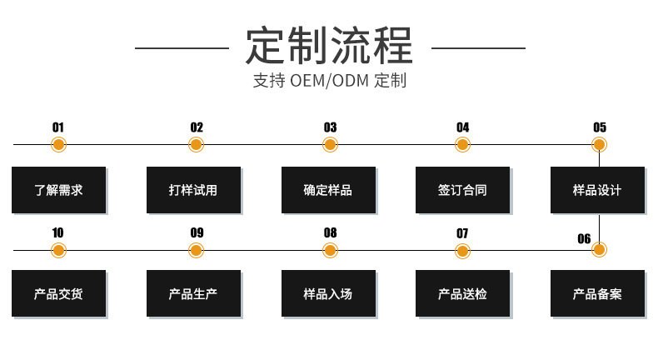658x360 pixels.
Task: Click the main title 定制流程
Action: point(329,46)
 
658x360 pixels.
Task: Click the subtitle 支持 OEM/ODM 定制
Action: point(329,82)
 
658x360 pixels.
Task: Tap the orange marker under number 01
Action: point(58,145)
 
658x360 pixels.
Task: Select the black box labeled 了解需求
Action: point(58,190)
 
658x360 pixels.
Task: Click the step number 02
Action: point(197,127)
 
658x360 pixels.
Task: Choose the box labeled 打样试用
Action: point(193,190)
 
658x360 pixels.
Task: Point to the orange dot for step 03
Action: point(330,145)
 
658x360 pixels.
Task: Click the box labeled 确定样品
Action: point(328,190)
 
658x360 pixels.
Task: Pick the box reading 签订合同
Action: point(462,190)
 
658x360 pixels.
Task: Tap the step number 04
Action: point(462,127)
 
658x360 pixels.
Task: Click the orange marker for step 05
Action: point(599,145)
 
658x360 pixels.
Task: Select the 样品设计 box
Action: point(597,190)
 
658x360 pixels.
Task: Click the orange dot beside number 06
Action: point(599,249)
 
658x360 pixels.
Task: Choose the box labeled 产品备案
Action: point(597,293)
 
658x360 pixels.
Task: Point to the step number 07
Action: point(462,232)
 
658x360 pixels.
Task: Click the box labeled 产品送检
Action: point(462,293)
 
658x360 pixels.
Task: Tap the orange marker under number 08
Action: point(330,250)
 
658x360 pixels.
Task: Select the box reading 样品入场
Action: point(328,293)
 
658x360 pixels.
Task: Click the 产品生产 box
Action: point(193,293)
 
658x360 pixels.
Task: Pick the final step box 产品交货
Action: point(58,293)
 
